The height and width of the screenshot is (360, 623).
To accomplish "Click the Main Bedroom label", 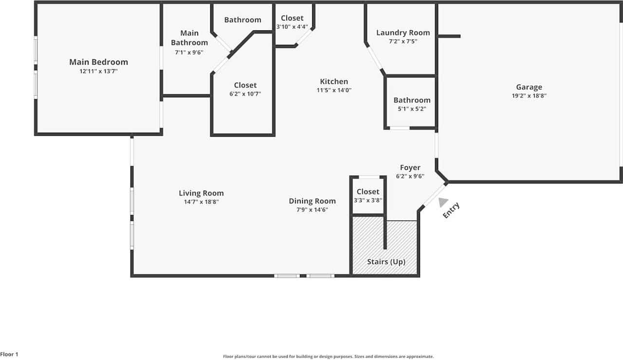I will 98,62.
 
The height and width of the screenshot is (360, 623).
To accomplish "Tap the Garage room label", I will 529,87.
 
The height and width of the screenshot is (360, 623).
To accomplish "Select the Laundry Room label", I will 403,33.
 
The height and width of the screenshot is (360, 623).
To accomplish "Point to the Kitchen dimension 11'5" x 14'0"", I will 334,90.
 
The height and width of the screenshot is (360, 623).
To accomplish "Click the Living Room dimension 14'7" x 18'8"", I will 201,202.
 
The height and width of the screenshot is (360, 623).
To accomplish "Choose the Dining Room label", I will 312,201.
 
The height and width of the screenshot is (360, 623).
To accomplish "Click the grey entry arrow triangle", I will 442,202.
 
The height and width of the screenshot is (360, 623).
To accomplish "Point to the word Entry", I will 451,210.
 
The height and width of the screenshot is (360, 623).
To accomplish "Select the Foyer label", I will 410,168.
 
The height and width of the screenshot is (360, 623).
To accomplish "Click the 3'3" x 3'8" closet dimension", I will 368,200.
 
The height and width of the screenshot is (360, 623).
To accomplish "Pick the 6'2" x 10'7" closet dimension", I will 245,94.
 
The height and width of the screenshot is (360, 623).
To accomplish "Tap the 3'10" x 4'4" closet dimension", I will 292,27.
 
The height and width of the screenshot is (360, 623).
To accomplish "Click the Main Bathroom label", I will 189,37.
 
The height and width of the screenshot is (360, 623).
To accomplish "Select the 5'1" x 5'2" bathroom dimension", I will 412,109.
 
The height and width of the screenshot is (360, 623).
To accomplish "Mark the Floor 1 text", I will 9,355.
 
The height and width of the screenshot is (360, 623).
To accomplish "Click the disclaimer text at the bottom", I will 328,357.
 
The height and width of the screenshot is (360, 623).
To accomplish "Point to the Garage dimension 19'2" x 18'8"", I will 529,96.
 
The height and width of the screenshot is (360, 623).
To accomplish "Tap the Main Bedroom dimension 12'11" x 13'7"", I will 98,71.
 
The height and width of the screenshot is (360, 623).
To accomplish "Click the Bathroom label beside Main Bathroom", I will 242,20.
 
